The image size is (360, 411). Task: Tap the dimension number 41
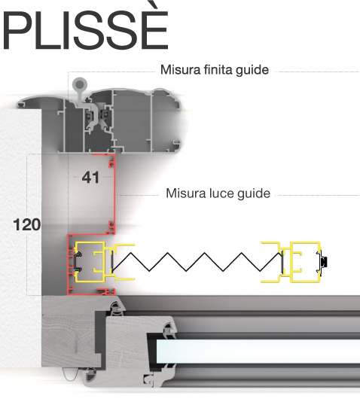[x=90, y=178]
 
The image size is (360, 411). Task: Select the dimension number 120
[x=27, y=224]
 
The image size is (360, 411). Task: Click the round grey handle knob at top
[x=79, y=84]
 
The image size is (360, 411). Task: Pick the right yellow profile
[x=291, y=262]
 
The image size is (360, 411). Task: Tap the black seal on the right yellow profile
[x=325, y=262]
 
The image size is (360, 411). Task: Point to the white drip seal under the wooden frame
[x=70, y=374]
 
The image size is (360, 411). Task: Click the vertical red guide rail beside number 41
[x=114, y=194]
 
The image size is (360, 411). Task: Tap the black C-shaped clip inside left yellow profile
[x=78, y=262]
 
